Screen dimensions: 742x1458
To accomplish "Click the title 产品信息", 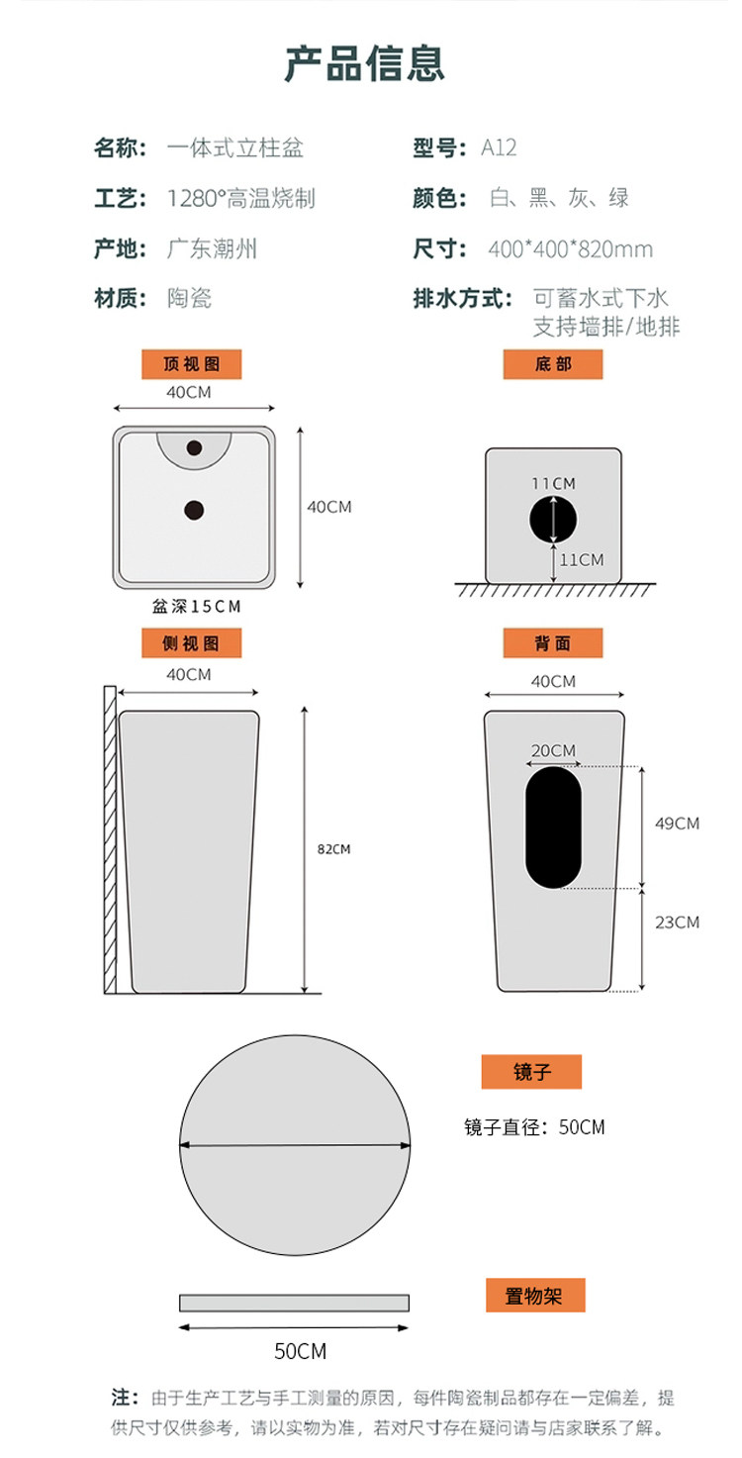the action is point(365,63).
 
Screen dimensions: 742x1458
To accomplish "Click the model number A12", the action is point(499,147).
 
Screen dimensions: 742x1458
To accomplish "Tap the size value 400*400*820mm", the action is point(570,248).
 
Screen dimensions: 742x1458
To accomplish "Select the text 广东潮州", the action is point(212,248).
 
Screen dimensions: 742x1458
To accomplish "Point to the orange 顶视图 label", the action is point(192,364).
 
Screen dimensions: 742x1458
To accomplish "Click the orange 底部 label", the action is point(553,364).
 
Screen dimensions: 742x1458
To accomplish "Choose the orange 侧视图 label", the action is point(192,643).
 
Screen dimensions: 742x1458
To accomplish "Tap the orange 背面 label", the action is point(553,643).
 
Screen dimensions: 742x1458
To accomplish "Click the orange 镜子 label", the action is point(531,1071).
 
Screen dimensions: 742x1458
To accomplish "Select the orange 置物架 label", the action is point(535,1296).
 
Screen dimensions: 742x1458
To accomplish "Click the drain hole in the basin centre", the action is point(194,510).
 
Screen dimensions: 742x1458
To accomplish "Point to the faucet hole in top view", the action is point(194,447).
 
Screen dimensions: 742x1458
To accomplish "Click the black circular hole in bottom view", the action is point(553,520).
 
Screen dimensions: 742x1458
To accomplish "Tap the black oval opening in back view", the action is point(553,827).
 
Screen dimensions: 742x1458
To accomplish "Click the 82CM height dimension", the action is point(333,848).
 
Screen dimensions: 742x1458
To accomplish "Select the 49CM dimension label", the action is point(677,824).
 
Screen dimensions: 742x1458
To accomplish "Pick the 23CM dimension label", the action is point(677,923).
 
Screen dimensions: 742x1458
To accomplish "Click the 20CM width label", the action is point(553,750).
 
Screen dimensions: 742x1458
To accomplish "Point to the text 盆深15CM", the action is point(197,607).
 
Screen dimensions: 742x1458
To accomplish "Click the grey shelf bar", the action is point(294,1303).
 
